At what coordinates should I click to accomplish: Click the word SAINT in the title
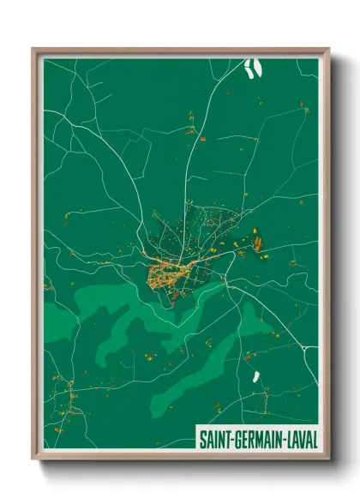[213, 439]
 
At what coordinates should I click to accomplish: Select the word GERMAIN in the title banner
[256, 439]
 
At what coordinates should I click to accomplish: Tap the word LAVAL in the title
[301, 439]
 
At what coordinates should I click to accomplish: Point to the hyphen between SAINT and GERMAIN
[230, 440]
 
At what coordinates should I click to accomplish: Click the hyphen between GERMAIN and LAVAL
[284, 440]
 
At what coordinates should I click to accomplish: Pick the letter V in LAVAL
[303, 439]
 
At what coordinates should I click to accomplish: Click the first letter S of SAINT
[203, 439]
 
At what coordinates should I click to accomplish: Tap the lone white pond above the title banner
[255, 376]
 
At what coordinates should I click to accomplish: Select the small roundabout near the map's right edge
[306, 349]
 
